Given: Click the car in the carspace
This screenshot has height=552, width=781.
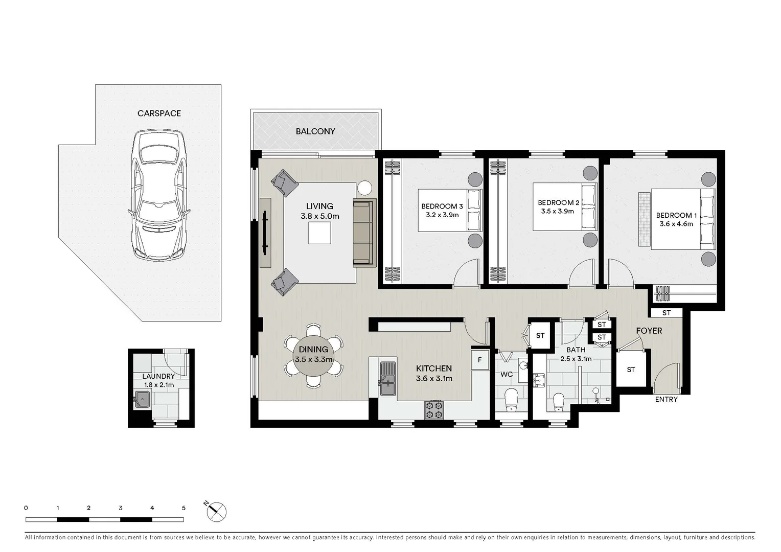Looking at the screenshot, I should (x=158, y=195).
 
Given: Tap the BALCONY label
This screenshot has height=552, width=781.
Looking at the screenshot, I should (x=315, y=131).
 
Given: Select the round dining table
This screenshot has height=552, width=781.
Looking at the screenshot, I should (x=313, y=356).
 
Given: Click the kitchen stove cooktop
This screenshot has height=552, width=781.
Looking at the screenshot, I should (x=434, y=409).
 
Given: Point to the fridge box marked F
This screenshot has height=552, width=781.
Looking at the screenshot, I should (x=479, y=360).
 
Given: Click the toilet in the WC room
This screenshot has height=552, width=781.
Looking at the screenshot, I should (x=511, y=400).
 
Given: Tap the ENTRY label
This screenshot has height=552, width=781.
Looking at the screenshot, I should (x=666, y=399).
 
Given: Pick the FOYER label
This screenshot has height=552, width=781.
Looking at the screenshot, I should (x=649, y=331).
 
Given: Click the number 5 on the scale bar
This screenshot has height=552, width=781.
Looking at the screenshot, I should (x=183, y=508).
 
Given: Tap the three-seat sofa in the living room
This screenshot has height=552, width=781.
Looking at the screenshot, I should (x=364, y=233).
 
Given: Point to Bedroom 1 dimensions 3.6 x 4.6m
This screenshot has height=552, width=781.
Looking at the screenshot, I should (x=676, y=224).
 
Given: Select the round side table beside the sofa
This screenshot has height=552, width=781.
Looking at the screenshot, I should (x=365, y=188).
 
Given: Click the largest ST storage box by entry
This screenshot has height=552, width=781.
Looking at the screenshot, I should (x=631, y=369).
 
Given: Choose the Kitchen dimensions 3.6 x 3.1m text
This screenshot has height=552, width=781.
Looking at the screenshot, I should (x=433, y=379).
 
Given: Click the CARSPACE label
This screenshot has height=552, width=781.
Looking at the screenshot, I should (x=159, y=113).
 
